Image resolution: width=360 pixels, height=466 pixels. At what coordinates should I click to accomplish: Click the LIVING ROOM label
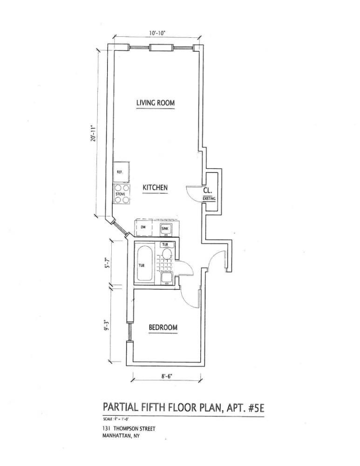[x=156, y=103]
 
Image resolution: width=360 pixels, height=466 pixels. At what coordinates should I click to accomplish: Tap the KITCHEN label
[x=155, y=187]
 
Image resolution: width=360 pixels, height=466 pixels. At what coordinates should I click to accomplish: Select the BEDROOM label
[x=163, y=328]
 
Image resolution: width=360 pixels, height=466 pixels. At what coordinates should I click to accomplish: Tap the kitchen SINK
[x=166, y=228]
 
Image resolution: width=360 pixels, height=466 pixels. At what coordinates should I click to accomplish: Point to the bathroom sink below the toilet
[x=167, y=278]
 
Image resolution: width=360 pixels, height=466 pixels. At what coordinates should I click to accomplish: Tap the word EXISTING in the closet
[x=209, y=199]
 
